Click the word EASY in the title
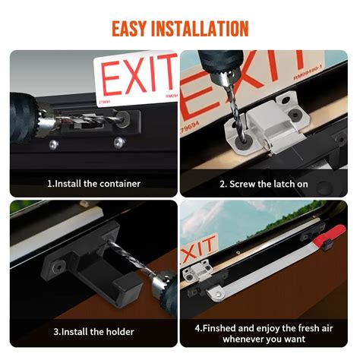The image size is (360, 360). click(133, 30)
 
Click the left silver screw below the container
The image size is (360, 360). click(52, 144)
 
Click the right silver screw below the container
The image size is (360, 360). click(118, 143)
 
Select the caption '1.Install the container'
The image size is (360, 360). click(93, 183)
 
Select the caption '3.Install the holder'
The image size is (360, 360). click(93, 332)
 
